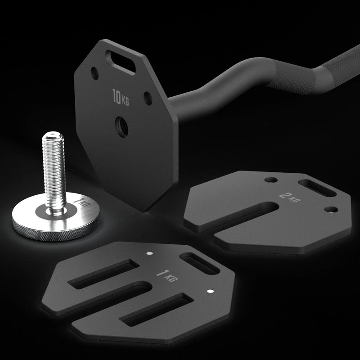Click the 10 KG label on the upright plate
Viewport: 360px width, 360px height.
coord(121,98)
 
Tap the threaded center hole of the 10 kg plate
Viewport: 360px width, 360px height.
coord(121,127)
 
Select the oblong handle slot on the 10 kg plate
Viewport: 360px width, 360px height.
coord(120,63)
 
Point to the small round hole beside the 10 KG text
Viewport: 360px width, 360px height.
coord(148,99)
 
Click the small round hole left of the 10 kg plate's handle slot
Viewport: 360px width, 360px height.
coord(94,73)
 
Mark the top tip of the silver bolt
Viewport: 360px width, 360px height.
coord(53,133)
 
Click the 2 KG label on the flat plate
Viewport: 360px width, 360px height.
coord(290,198)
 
